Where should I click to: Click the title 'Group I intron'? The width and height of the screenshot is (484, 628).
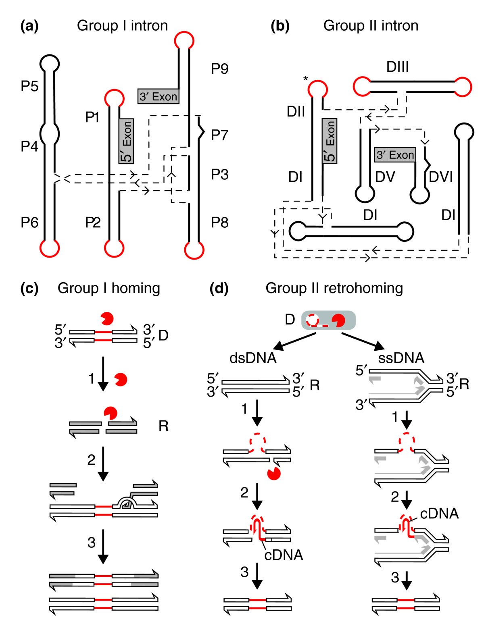(122, 25)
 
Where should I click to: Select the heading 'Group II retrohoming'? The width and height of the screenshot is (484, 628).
(334, 288)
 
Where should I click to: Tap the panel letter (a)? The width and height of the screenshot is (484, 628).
(29, 26)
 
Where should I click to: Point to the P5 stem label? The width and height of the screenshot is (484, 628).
(29, 86)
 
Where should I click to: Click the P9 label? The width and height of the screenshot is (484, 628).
(220, 69)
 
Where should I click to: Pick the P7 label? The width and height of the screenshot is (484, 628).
(220, 135)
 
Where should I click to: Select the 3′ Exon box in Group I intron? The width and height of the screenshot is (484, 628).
(158, 97)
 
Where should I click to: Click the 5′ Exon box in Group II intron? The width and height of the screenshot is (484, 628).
(330, 141)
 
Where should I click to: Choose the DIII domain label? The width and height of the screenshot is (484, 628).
(397, 67)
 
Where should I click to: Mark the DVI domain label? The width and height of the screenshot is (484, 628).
(440, 177)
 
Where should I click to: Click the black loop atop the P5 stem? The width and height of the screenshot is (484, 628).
(50, 63)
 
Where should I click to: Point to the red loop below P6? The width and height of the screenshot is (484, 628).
(50, 247)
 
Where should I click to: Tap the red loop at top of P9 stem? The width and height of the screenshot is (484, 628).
(184, 40)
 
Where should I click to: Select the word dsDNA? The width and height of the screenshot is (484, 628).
(253, 358)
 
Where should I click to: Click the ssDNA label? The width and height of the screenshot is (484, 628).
(401, 358)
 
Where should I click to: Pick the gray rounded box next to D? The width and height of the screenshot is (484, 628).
(328, 320)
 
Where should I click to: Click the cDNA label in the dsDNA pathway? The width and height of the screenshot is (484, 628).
(284, 555)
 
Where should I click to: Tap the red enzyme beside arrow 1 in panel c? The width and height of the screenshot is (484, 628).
(121, 379)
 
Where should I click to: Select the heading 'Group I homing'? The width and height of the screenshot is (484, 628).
(109, 288)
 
